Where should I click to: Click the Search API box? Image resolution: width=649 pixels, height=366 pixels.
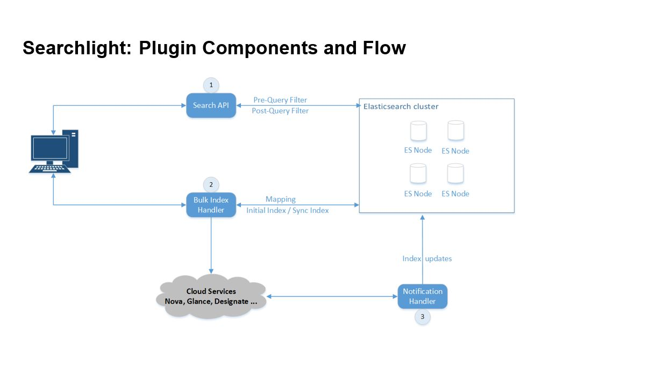coord(211,105)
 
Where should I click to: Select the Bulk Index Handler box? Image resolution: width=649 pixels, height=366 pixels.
coord(211,205)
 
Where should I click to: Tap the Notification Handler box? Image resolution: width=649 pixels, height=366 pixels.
coord(422,296)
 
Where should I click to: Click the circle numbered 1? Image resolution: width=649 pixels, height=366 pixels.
coord(211,85)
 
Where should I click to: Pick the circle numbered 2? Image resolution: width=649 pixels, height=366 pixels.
coord(211,184)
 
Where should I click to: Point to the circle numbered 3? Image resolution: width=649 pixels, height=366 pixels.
coord(422,317)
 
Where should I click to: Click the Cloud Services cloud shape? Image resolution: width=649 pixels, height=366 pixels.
coord(211,297)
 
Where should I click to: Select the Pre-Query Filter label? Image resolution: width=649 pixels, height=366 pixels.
coord(280,100)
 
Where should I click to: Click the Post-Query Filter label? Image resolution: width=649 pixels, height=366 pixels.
coord(280,111)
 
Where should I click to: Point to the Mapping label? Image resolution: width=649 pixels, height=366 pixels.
coord(280,199)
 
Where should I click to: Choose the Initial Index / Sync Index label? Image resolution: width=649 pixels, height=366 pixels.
coord(287,210)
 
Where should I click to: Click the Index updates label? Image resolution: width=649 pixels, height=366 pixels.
coord(427,259)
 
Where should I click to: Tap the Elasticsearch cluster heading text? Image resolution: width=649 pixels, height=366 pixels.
coord(401,106)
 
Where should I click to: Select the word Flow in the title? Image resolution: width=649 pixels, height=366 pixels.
coord(384,48)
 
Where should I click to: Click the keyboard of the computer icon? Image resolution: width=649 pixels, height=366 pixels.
coord(50,168)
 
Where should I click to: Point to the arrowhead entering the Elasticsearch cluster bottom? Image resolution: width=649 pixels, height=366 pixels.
coord(422,217)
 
